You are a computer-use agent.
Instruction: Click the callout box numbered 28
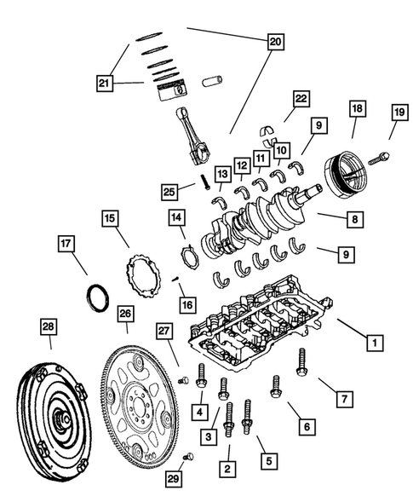(x=49, y=327)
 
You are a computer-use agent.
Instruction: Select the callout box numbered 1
(x=371, y=343)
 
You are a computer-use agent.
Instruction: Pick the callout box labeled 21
(x=104, y=83)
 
